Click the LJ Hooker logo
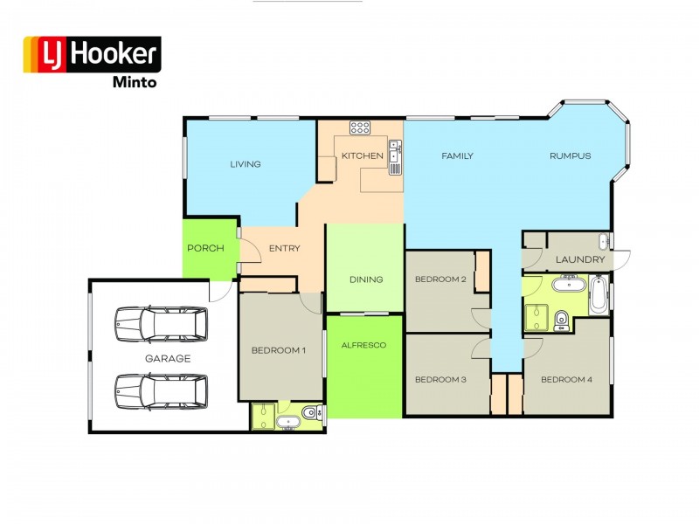pos(93,54)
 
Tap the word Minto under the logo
pos(135,82)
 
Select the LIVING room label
pos(246,164)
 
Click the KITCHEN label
pos(363,155)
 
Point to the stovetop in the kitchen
pos(360,128)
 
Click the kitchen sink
pos(395,157)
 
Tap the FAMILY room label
pos(457,156)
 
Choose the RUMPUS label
pos(571,156)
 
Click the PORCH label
pos(205,248)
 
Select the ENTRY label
pos(285,248)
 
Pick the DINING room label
pos(366,279)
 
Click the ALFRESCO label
pos(363,345)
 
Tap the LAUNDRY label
pos(580,259)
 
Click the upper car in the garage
pos(161,324)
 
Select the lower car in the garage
pos(161,391)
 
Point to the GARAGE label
pos(168,358)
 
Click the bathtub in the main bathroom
pos(599,294)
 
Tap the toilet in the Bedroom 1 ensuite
pos(310,412)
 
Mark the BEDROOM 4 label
pos(566,380)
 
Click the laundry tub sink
pos(604,241)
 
